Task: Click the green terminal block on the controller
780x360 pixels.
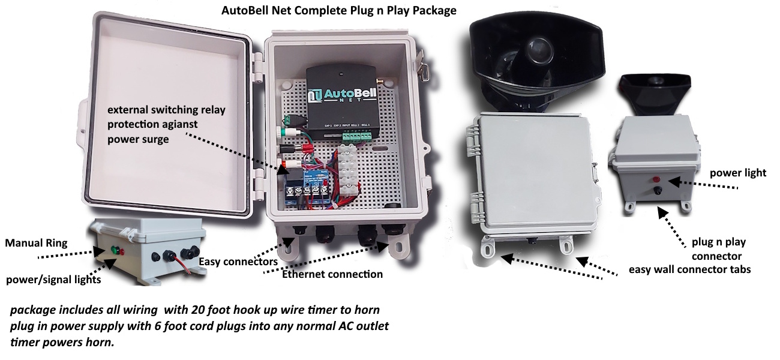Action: pos(355,137)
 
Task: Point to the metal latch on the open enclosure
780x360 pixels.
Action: pos(427,69)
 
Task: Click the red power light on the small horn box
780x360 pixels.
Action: pos(656,179)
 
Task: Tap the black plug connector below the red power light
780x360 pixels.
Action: pos(658,191)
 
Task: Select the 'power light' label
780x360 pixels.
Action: pos(737,173)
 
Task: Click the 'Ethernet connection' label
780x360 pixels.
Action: pos(332,274)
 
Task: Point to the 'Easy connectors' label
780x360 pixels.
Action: pos(238,262)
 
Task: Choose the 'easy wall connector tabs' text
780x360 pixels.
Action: pos(689,269)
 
